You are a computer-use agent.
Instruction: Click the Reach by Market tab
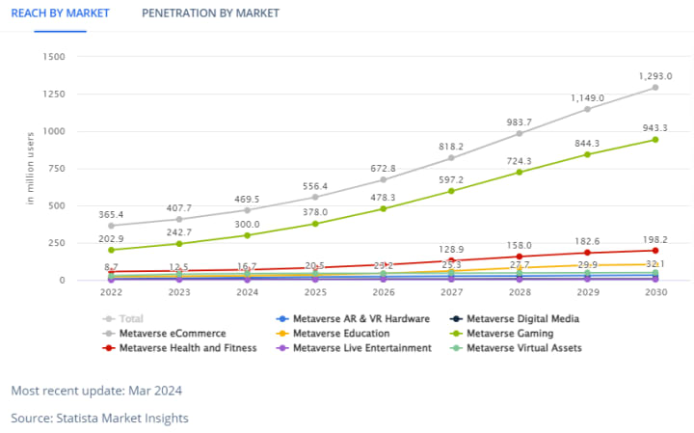click(60, 14)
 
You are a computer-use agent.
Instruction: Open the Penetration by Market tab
click(210, 14)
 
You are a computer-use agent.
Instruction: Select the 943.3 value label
click(654, 127)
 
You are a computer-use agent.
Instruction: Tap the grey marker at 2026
click(383, 179)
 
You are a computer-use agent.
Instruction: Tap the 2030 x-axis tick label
click(655, 291)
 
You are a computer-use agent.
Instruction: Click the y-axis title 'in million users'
click(31, 168)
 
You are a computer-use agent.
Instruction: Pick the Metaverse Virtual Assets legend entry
click(523, 347)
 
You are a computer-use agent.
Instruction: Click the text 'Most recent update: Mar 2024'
click(96, 391)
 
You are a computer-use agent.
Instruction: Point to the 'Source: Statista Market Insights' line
click(99, 419)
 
